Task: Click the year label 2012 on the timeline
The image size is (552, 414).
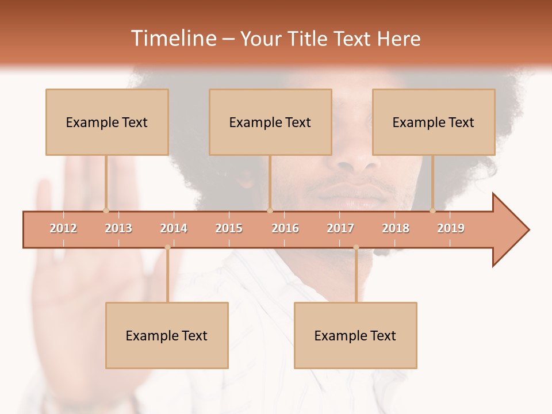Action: (x=63, y=228)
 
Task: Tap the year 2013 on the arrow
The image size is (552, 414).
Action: (x=118, y=228)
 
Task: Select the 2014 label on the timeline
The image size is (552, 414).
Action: (x=174, y=228)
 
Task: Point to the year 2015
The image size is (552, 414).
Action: (x=229, y=228)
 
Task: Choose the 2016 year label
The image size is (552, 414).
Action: (x=285, y=228)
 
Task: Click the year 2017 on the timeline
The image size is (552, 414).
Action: (x=340, y=228)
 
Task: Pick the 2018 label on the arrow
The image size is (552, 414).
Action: (x=396, y=228)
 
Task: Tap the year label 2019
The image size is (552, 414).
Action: (x=451, y=228)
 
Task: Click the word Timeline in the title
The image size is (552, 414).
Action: (x=172, y=39)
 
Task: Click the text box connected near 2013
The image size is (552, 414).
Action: (x=107, y=122)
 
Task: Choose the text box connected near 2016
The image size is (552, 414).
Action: (x=270, y=122)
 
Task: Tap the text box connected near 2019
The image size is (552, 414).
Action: (x=434, y=122)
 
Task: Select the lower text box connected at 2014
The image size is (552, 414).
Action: (x=167, y=335)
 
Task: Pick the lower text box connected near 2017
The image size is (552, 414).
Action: (x=355, y=335)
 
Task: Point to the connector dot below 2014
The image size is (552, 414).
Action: (x=167, y=247)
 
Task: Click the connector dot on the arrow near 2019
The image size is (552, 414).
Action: (x=433, y=210)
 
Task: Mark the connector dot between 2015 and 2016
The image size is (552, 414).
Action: (x=270, y=210)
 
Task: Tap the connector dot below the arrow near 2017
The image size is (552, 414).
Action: (x=356, y=247)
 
